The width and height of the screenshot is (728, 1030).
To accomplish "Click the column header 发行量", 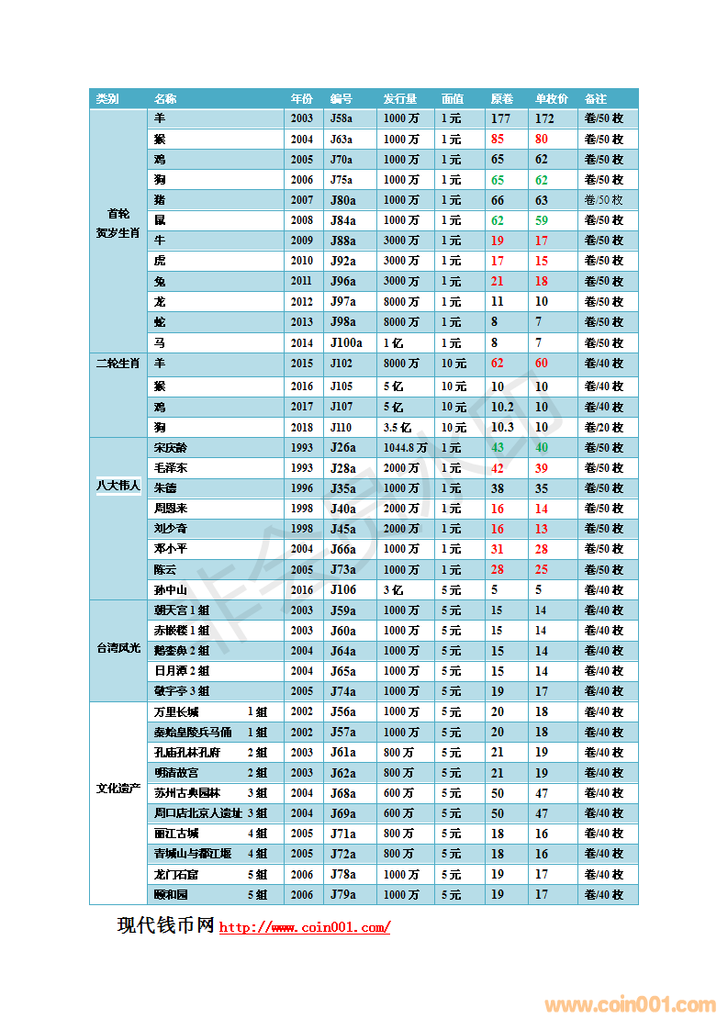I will click(x=400, y=99).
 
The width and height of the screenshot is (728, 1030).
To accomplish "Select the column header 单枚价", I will click(x=552, y=99).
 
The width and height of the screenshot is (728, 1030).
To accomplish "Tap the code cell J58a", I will click(x=342, y=118).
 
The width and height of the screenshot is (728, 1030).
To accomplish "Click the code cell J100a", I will click(x=346, y=342).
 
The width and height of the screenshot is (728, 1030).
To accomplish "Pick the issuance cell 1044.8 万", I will click(x=405, y=448).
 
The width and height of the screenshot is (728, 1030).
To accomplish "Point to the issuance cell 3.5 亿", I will click(x=398, y=427).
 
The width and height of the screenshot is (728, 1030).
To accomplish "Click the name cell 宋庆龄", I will click(x=170, y=448).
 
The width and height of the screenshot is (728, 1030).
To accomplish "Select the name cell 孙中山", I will click(x=170, y=590).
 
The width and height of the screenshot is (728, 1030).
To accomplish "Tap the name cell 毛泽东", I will click(x=170, y=468).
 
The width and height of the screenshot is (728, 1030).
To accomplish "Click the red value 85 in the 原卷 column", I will click(x=498, y=140).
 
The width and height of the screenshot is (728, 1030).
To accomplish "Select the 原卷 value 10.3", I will click(x=502, y=427).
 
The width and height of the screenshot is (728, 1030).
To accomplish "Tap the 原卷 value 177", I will click(x=500, y=118).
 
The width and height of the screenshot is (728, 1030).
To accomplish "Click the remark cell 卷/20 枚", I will click(x=604, y=427).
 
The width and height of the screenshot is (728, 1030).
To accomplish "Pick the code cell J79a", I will click(x=342, y=894).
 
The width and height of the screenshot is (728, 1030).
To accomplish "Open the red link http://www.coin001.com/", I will click(x=305, y=927).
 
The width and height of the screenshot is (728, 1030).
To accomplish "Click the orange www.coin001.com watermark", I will click(x=630, y=1004).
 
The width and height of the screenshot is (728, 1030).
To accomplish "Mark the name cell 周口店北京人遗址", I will click(x=197, y=813).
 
